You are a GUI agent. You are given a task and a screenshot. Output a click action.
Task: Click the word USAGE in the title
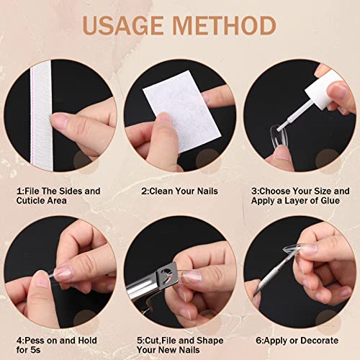(x=122, y=25)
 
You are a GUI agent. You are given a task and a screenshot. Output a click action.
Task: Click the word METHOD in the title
(x=224, y=25)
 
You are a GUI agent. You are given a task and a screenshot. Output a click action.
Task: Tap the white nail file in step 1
(x=41, y=115)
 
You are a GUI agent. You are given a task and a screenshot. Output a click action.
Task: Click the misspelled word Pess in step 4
(x=35, y=341)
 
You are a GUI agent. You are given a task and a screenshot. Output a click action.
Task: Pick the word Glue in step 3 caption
(x=330, y=201)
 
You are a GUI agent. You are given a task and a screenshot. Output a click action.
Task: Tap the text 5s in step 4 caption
(x=35, y=350)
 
